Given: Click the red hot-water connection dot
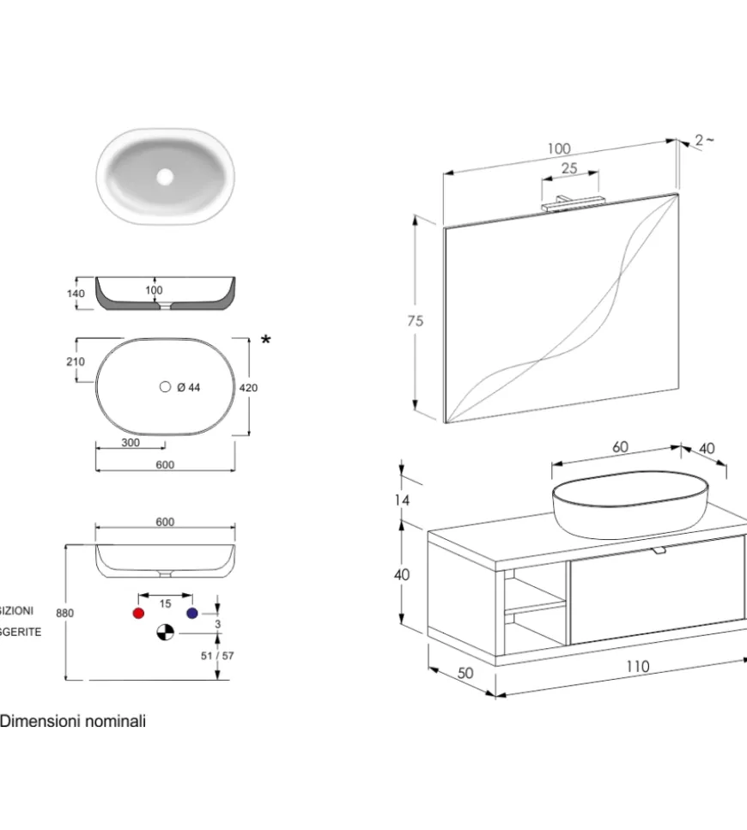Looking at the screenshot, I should (x=137, y=613).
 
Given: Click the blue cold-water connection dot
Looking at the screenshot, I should (x=192, y=613).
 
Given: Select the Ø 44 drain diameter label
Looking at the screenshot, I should (x=188, y=388).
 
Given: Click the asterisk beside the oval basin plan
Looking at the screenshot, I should (x=266, y=342).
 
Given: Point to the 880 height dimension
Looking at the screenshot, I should (x=64, y=613).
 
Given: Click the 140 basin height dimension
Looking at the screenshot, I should (x=76, y=294).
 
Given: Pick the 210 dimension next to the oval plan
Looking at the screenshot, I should (x=76, y=361).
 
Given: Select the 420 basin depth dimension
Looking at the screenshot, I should (x=248, y=388).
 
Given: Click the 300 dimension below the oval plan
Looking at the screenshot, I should (x=131, y=443).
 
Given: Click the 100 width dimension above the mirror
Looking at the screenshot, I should (x=558, y=149).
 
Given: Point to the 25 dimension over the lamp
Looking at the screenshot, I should (x=568, y=169).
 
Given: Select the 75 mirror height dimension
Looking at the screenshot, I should (x=415, y=321).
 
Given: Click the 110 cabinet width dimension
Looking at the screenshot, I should (x=636, y=667).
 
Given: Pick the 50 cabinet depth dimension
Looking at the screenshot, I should (x=465, y=674).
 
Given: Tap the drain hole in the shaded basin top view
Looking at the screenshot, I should (x=165, y=177).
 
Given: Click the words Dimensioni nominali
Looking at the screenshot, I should (x=73, y=722).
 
